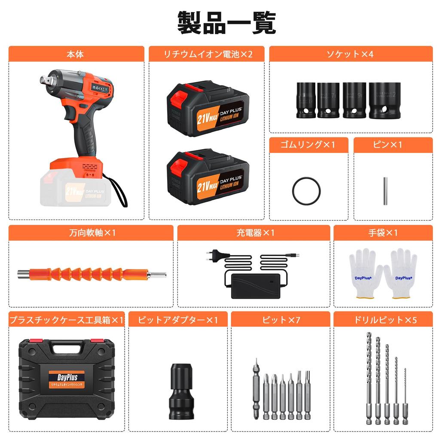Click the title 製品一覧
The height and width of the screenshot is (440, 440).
click(x=226, y=23)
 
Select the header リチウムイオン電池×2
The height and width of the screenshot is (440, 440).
click(x=207, y=54)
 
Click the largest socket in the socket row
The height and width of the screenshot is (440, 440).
click(x=385, y=100)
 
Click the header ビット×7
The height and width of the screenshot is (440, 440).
click(x=280, y=320)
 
